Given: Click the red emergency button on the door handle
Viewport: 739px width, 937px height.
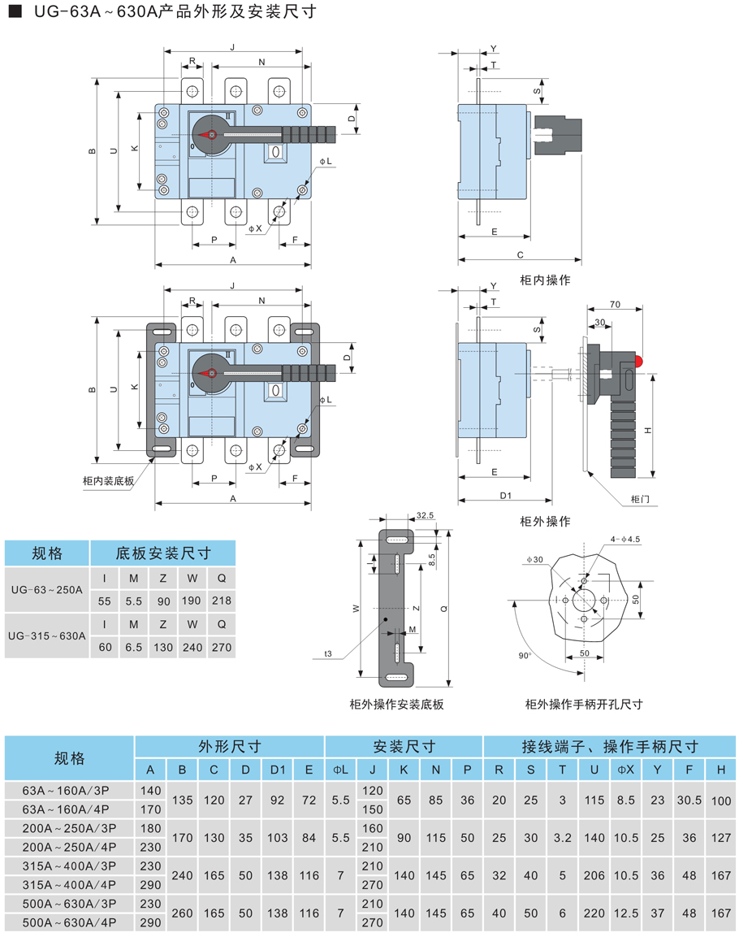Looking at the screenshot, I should (x=640, y=359).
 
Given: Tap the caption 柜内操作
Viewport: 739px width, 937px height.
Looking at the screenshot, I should (x=545, y=280).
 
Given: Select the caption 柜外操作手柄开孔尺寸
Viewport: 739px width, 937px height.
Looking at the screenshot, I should (x=584, y=705).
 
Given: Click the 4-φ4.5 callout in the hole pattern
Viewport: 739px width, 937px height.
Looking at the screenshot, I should (x=624, y=539).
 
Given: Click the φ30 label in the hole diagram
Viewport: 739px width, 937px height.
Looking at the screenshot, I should (x=534, y=560).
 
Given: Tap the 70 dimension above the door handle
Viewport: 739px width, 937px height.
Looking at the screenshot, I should (x=614, y=303).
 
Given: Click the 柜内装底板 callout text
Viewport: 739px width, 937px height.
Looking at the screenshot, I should (x=108, y=480).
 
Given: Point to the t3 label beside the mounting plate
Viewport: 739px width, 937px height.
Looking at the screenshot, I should (x=328, y=653).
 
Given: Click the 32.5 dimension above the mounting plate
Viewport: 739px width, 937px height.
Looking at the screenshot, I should (x=426, y=515).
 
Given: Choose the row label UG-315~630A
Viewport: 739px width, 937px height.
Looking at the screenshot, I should (x=46, y=637).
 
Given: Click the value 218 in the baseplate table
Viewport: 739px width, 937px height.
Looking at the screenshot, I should (x=221, y=601).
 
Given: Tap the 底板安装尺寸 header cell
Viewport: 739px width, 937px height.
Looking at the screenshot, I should (x=162, y=553).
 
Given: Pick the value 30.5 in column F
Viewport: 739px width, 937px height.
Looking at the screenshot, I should (x=689, y=800).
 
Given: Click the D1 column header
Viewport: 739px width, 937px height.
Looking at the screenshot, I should (x=278, y=770).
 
